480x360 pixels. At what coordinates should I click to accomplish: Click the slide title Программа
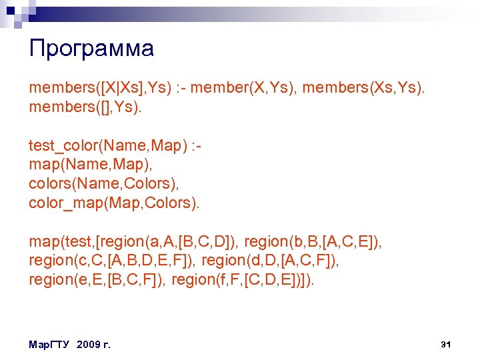tap(91, 49)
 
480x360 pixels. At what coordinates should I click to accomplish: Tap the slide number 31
tap(447, 344)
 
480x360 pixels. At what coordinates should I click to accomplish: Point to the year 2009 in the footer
tap(89, 345)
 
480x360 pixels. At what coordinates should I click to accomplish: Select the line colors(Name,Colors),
tap(105, 183)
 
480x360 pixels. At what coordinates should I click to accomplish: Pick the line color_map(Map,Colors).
tap(114, 203)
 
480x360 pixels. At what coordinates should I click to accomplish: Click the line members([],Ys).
tap(85, 107)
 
